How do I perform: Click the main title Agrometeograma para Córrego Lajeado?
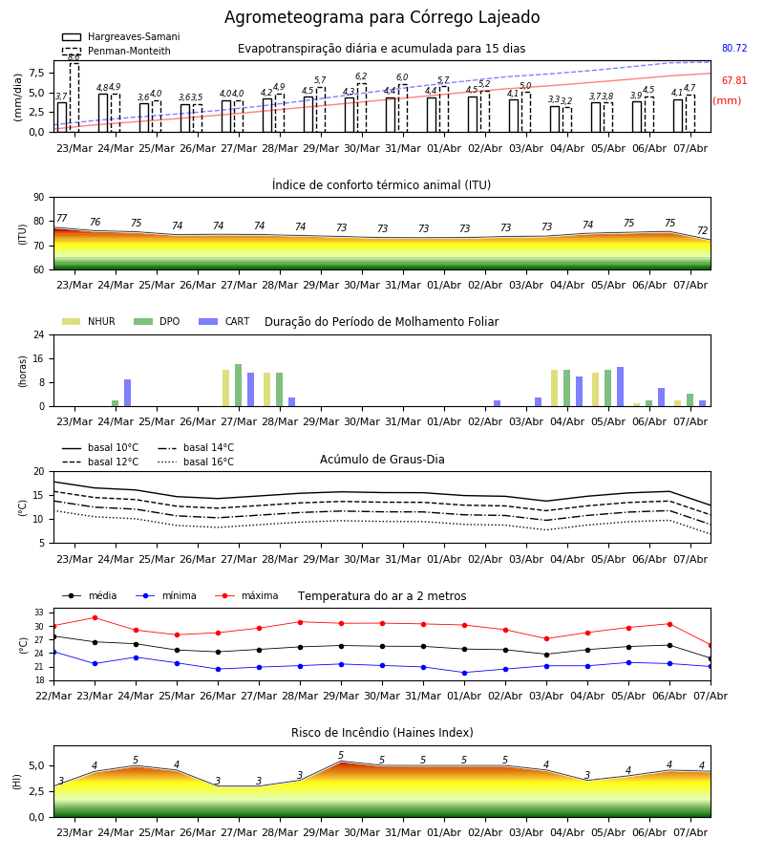point(382,17)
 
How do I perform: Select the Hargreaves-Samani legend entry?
point(120,36)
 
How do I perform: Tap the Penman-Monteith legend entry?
point(117,51)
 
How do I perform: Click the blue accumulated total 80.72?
point(734,49)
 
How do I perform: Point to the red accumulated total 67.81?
point(734,80)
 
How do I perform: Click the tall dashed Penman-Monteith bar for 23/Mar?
point(74,97)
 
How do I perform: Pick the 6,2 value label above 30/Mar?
point(361,76)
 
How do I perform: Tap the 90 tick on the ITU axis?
point(39,198)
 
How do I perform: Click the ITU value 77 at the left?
point(61,218)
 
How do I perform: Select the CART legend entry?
point(223,321)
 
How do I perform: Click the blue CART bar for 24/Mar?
point(128,393)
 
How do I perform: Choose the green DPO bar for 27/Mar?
point(239,385)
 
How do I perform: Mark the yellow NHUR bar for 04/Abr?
point(555,388)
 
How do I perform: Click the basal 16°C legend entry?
point(196,462)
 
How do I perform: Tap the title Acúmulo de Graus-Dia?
point(382,460)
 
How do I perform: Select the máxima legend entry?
point(246,595)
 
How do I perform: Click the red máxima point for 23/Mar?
point(95,617)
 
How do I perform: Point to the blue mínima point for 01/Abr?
point(465,673)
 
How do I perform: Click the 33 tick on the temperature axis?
point(39,613)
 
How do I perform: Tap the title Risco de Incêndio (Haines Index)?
point(382,733)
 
